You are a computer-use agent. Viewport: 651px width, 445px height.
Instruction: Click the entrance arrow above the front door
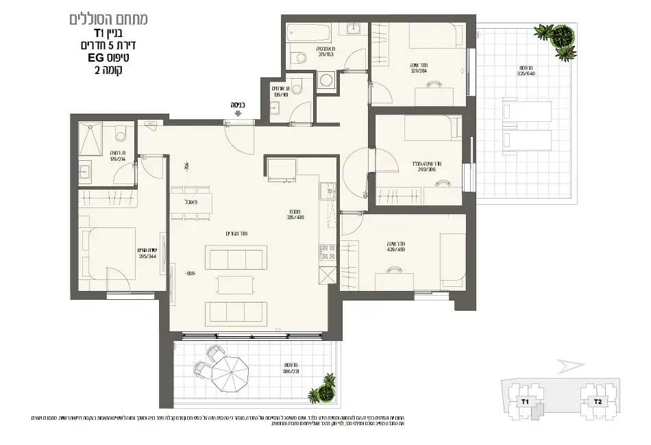pyautogui.click(x=237, y=114)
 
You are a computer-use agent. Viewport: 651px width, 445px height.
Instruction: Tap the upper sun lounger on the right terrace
pyautogui.click(x=527, y=110)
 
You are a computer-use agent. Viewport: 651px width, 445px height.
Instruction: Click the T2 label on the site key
pyautogui.click(x=597, y=402)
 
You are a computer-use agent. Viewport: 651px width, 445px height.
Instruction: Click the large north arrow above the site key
pyautogui.click(x=572, y=368)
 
